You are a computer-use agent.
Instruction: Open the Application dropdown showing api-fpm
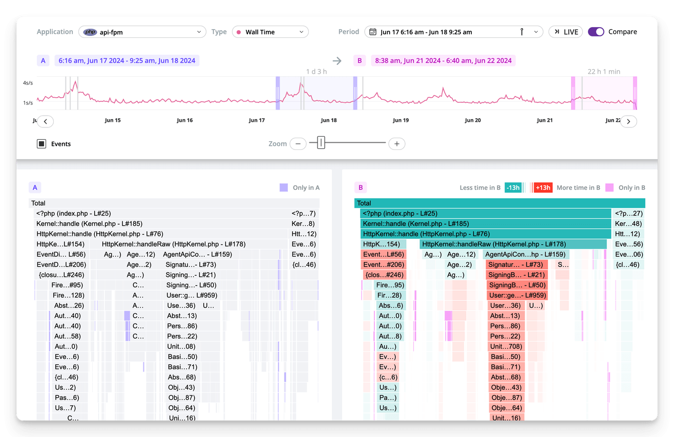pos(142,32)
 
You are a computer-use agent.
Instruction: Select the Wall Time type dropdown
pos(270,32)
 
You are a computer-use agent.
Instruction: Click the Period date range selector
pos(453,32)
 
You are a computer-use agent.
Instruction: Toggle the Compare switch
pos(596,32)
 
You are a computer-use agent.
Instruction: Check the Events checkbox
pos(41,144)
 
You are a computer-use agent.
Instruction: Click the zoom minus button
pos(298,144)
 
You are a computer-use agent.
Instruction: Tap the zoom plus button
pos(396,144)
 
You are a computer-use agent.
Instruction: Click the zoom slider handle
pos(321,143)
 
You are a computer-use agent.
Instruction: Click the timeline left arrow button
pos(46,121)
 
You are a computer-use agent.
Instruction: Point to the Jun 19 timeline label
pos(401,121)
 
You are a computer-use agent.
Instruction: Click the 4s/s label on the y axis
pos(28,83)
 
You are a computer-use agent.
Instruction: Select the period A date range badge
pos(127,60)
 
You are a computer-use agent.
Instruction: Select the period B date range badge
pos(443,60)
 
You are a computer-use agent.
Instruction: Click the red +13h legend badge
pos(542,188)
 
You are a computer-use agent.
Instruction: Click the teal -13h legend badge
pos(513,188)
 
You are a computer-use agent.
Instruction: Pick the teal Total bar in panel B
pos(499,203)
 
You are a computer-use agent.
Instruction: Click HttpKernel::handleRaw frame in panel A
pos(173,244)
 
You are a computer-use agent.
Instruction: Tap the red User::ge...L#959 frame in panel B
pos(517,295)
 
